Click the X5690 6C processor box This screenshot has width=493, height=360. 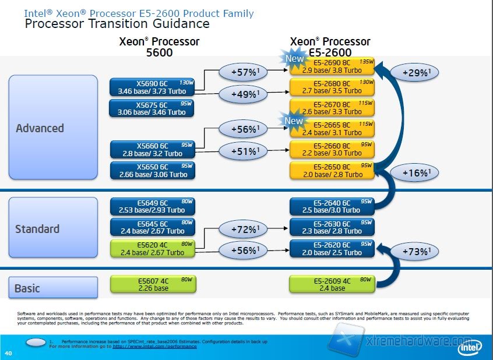tap(152, 87)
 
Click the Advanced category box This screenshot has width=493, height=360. tap(53, 128)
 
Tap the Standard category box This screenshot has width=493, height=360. tap(53, 229)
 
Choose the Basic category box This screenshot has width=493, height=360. tap(53, 288)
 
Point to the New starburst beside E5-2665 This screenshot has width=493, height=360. tap(294, 121)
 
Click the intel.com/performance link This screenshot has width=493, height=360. tap(154, 346)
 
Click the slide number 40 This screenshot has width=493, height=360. tap(8, 353)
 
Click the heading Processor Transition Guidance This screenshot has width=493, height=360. tap(117, 24)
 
